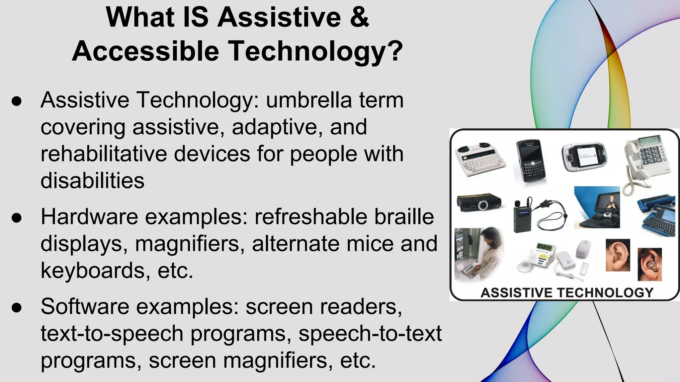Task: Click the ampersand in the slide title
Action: coord(359,17)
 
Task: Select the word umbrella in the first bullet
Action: coord(308,100)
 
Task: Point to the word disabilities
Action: coord(92,181)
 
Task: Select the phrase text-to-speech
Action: coord(112,334)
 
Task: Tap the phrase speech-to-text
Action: coord(370,334)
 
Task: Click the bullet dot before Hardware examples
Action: coord(17,218)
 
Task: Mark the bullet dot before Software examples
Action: coord(17,307)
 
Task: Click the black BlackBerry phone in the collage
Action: coord(530,161)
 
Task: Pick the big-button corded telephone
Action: coord(647,159)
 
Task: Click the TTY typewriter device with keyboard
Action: coord(480,159)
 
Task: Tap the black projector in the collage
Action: coord(479,202)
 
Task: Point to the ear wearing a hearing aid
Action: coord(650,265)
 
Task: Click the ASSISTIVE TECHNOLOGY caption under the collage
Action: coord(567,292)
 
